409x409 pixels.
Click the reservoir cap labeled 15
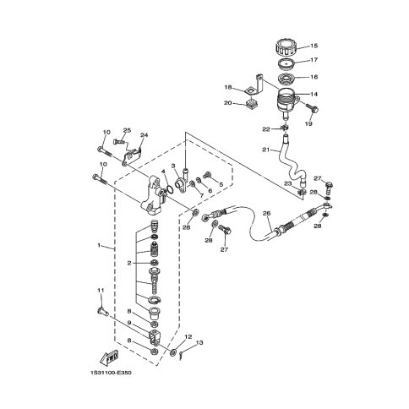click(x=286, y=49)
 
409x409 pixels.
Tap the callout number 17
click(x=314, y=60)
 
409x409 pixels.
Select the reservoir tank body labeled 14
click(x=287, y=101)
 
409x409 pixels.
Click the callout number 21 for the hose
click(x=266, y=150)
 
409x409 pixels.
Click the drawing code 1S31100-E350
click(x=111, y=373)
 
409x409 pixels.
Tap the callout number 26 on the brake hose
click(x=266, y=213)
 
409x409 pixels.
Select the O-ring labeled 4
click(x=170, y=190)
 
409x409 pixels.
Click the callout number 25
click(x=128, y=130)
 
